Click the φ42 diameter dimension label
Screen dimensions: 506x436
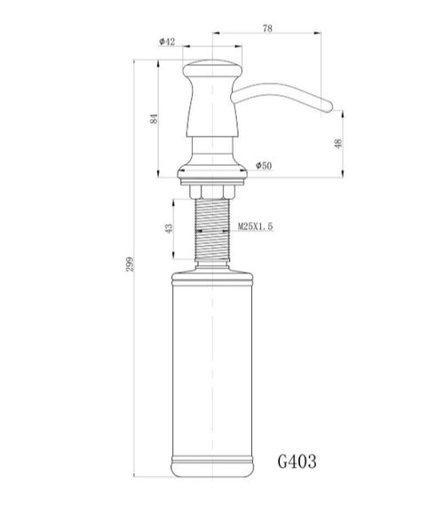coord(166,43)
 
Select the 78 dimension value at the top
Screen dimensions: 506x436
coord(266,28)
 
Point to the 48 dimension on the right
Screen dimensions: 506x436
coord(337,144)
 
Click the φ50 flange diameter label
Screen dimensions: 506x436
coord(263,166)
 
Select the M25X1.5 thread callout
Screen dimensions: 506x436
coord(255,228)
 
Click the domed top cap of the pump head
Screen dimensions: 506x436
coord(214,65)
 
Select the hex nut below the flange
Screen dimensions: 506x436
coord(214,191)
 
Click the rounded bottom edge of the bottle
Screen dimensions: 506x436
coord(214,479)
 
